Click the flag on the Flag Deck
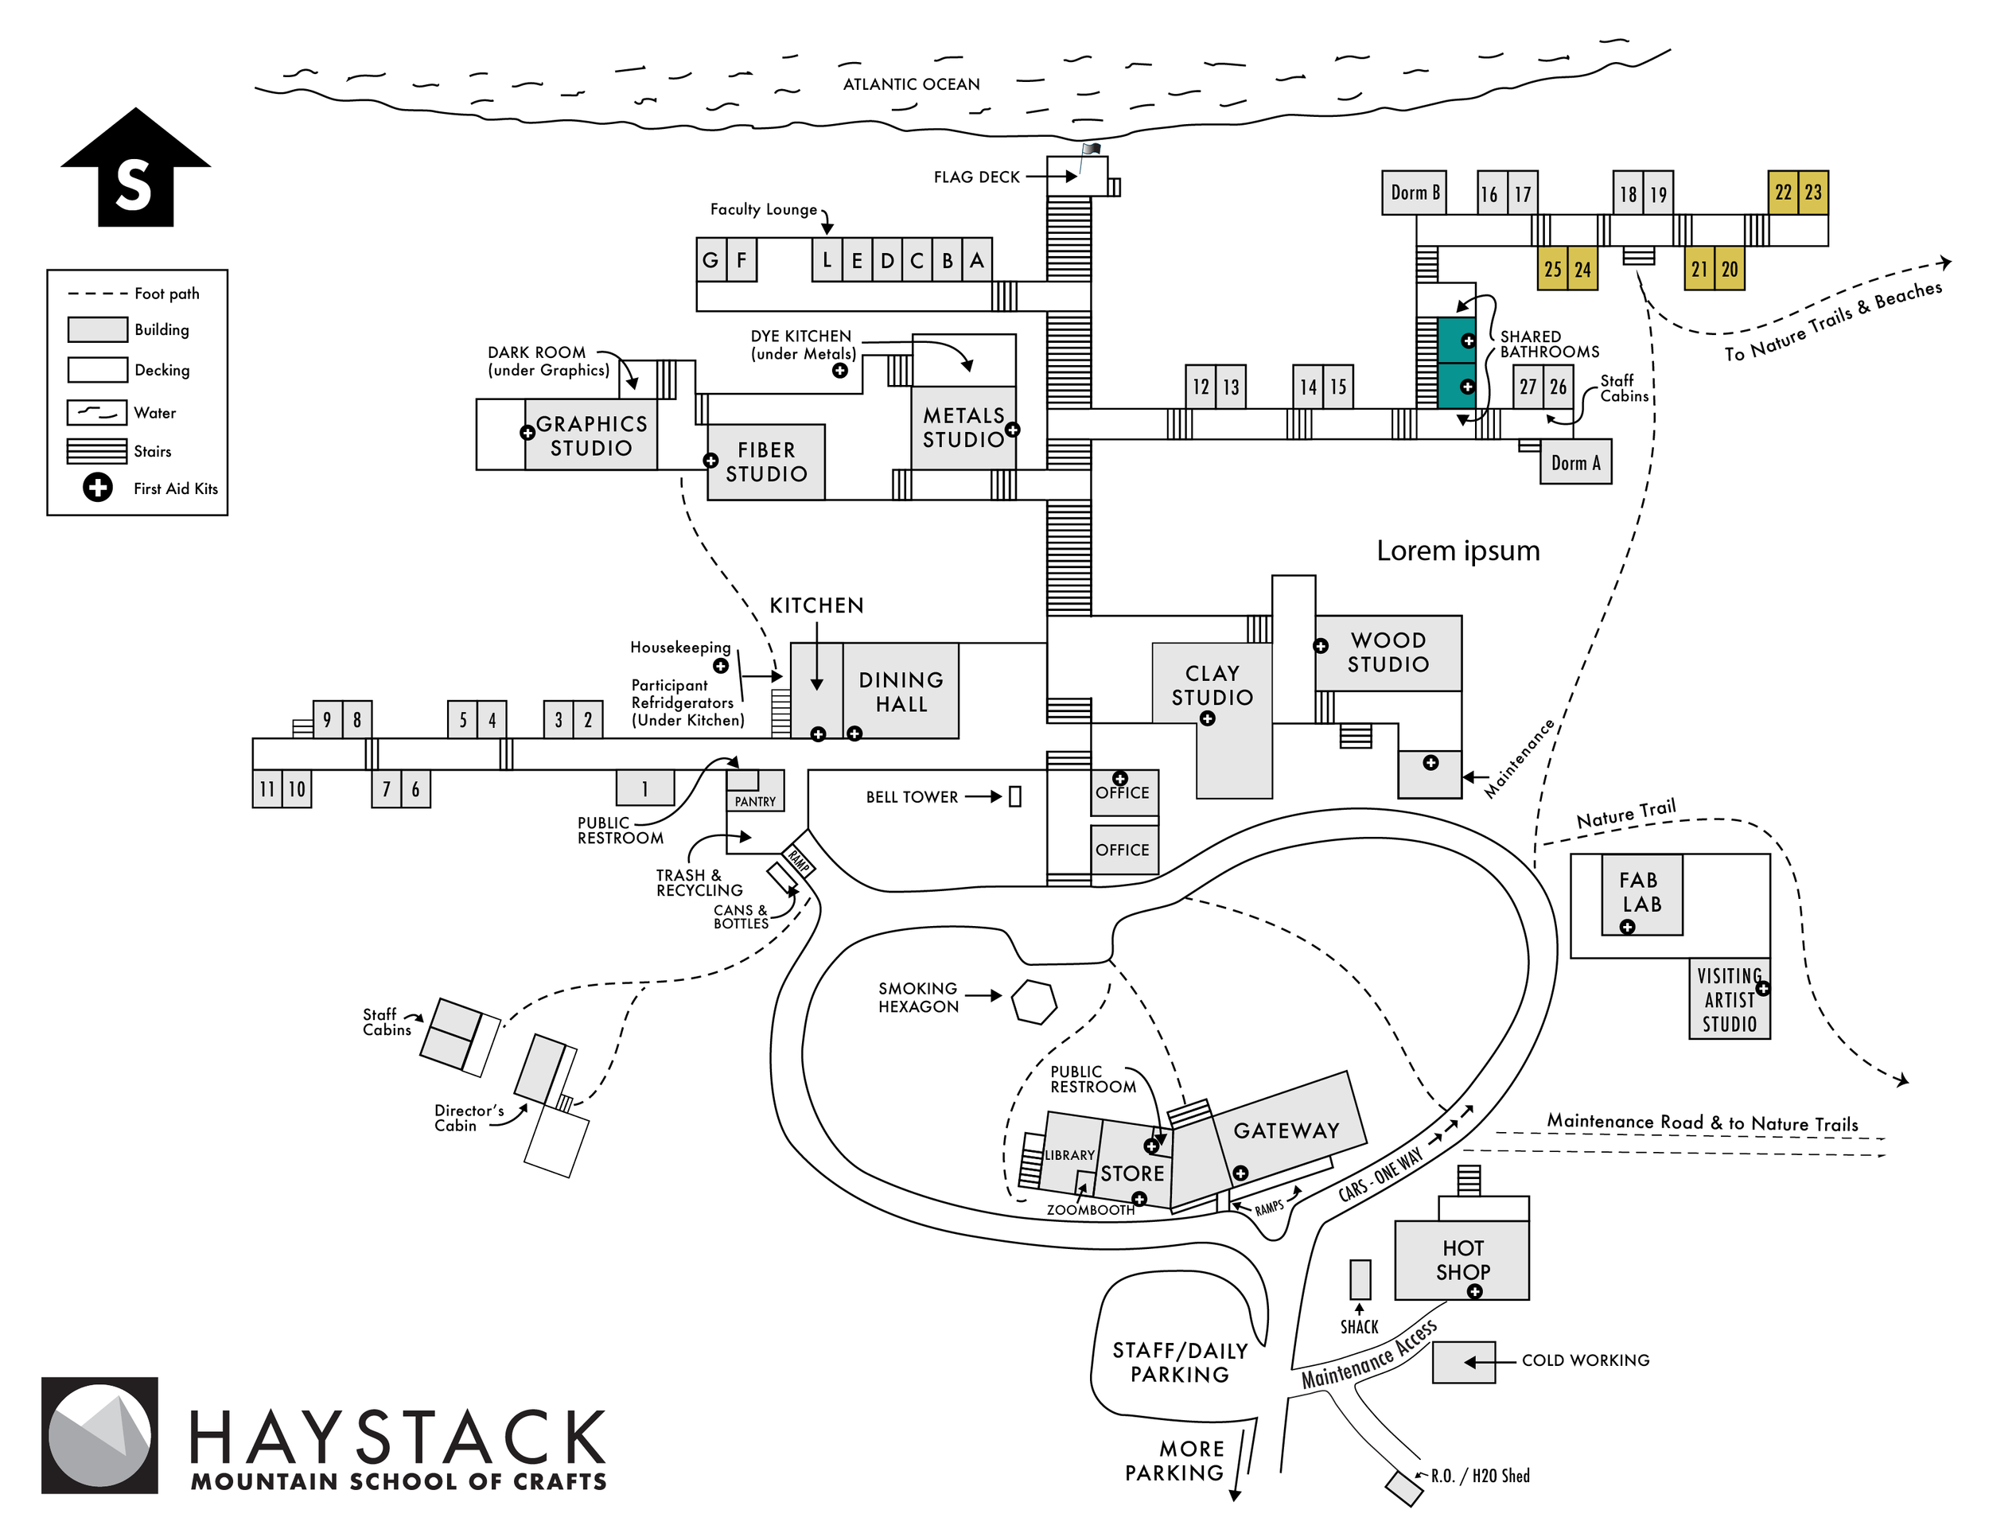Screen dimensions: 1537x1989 click(x=1090, y=150)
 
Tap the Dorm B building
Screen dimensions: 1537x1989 click(x=1414, y=193)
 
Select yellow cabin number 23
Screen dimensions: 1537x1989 click(x=1813, y=193)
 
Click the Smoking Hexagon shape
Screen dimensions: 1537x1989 click(x=1033, y=1002)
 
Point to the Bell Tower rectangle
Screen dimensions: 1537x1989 click(x=1014, y=796)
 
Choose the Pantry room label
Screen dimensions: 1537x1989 click(x=755, y=801)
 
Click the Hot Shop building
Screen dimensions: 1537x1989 click(x=1462, y=1260)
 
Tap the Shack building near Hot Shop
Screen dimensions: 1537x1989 click(x=1360, y=1279)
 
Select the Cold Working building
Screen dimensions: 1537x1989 click(x=1464, y=1362)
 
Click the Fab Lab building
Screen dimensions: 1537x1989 click(x=1641, y=893)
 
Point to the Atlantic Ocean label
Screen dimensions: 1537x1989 click(x=911, y=84)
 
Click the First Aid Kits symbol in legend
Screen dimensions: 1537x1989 click(x=97, y=488)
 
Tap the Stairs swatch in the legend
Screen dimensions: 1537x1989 click(x=96, y=451)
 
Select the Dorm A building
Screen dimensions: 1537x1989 click(x=1574, y=462)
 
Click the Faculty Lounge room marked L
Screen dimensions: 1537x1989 click(x=827, y=260)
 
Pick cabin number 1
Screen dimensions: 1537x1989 click(x=644, y=788)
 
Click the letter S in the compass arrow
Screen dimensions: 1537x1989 click(x=134, y=185)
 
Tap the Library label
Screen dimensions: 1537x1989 click(x=1069, y=1155)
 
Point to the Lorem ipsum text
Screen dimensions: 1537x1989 click(x=1458, y=551)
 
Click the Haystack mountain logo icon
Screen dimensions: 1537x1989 click(x=99, y=1435)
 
